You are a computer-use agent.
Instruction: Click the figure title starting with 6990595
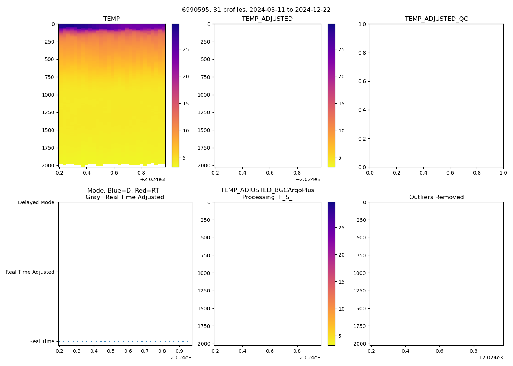pos(256,10)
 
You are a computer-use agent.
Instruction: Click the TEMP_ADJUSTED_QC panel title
pos(436,19)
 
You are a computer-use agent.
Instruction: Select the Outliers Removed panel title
pos(436,197)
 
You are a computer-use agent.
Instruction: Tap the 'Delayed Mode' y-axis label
pos(36,202)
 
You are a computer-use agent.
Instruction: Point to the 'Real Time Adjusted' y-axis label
pos(30,272)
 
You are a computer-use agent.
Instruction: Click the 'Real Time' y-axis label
pos(42,341)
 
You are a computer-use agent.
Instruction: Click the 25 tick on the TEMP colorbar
pos(186,49)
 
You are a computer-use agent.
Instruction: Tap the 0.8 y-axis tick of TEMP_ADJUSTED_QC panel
pos(362,53)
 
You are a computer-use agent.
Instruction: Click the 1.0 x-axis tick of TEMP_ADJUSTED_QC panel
pos(503,173)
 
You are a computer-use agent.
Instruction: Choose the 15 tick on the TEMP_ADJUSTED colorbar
pos(342,104)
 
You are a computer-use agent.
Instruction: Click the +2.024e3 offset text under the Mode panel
pos(179,358)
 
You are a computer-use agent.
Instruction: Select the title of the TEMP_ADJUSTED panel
pos(267,19)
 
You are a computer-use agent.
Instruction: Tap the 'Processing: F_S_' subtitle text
pos(267,197)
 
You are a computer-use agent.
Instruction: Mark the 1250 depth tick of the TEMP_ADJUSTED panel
pos(204,112)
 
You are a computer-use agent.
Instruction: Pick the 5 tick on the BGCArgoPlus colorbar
pos(340,336)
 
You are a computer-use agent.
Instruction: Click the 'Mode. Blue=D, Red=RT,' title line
pos(125,190)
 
